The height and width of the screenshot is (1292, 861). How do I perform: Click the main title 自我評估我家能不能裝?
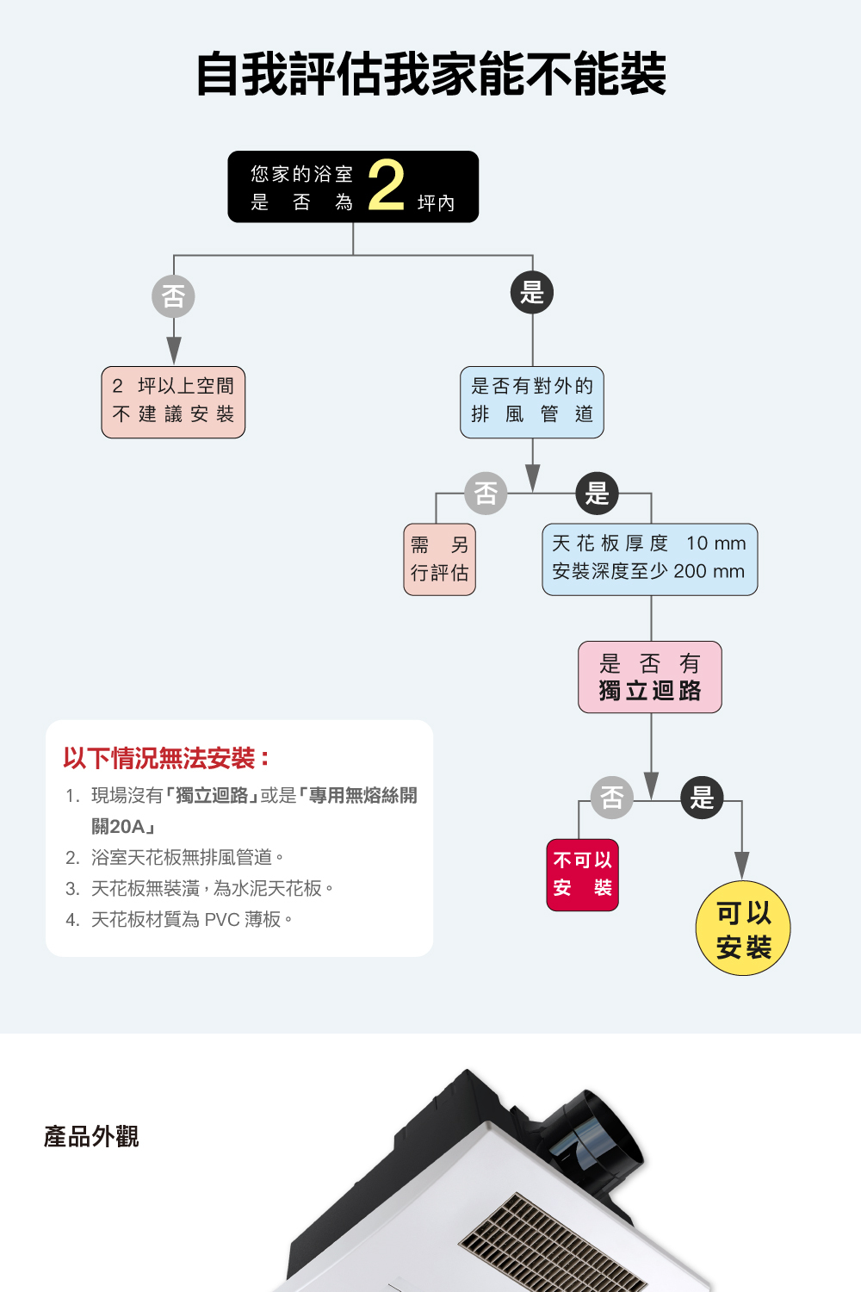tap(430, 74)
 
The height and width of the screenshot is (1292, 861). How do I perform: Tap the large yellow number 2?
tap(386, 185)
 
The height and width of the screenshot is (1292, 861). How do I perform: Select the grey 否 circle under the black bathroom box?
tap(173, 296)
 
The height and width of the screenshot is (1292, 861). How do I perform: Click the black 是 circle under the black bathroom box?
tap(532, 293)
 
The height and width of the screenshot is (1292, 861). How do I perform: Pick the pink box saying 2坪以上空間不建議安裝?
tap(173, 402)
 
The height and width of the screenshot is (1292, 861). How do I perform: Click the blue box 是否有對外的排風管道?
tap(532, 402)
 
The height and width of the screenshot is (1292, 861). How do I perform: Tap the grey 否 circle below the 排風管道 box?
tap(486, 494)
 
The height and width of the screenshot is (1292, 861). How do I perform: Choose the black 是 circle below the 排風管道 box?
tap(597, 494)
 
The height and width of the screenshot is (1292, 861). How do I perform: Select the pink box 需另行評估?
tap(439, 559)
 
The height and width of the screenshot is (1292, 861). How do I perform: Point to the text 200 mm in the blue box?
tap(709, 572)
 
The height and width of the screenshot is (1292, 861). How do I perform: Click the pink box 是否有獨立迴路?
tap(650, 677)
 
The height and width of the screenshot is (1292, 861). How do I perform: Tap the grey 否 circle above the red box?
tap(612, 798)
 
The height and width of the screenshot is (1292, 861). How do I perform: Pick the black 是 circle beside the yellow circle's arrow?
tap(702, 798)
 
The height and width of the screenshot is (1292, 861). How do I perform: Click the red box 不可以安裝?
tap(582, 874)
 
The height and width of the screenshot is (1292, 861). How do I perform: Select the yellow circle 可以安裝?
tap(743, 929)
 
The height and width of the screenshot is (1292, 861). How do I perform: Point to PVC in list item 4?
tap(222, 920)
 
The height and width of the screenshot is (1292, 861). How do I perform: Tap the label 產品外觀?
tap(91, 1137)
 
